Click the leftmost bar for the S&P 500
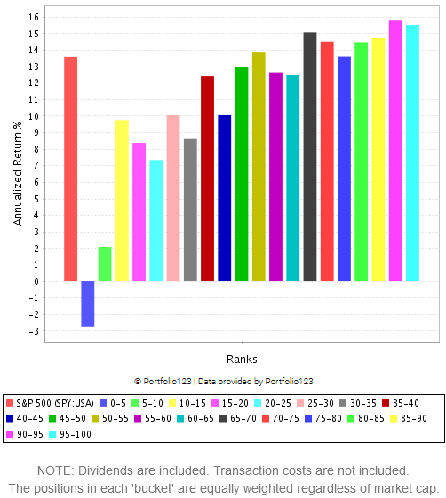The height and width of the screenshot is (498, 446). coord(71,169)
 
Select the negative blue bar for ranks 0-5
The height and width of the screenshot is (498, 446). coord(88,304)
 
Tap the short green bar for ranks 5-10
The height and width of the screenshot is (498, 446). coord(105,264)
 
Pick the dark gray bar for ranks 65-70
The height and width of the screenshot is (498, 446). coord(310,157)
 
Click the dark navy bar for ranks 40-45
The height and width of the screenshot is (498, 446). coord(225,198)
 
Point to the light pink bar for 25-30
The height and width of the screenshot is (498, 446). coord(173,198)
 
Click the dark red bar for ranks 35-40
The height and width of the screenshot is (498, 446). coord(207,178)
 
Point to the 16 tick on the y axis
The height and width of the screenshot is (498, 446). coord(36,17)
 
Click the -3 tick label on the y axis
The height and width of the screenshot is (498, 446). coord(36,331)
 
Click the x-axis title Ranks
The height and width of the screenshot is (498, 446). coord(242,360)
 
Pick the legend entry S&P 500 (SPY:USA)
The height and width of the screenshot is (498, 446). coord(49,402)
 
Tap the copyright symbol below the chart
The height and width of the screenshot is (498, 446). coord(138,381)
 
